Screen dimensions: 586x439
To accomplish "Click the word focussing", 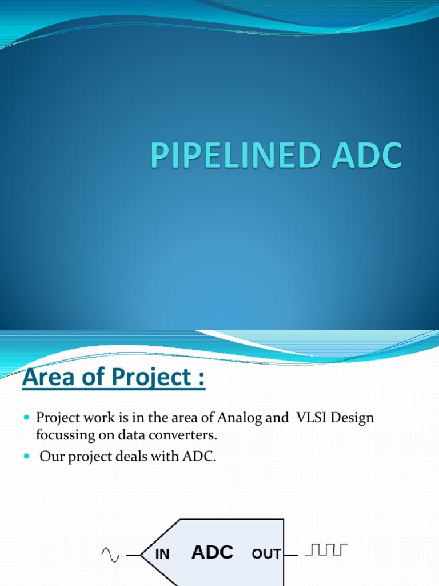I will point(62,435).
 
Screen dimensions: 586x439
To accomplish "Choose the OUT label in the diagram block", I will point(266,554).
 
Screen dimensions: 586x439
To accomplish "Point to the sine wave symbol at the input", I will point(110,554).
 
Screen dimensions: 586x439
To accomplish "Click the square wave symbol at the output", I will point(326,551).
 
